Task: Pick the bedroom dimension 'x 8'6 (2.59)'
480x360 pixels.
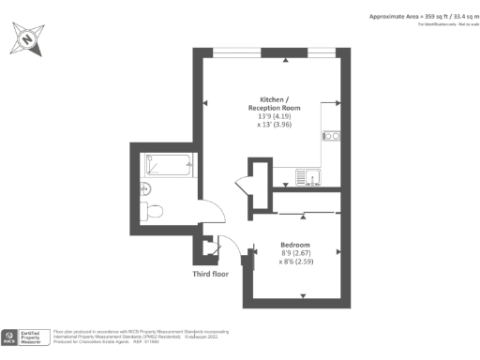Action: pyautogui.click(x=297, y=262)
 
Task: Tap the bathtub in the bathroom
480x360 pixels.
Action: pyautogui.click(x=169, y=164)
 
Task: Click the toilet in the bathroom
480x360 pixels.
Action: pyautogui.click(x=152, y=209)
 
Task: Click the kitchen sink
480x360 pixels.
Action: pyautogui.click(x=307, y=175)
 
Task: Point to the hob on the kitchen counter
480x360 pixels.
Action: pyautogui.click(x=330, y=137)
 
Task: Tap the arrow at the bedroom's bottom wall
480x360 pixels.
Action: pyautogui.click(x=302, y=296)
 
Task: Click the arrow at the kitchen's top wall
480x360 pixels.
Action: pyautogui.click(x=286, y=59)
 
